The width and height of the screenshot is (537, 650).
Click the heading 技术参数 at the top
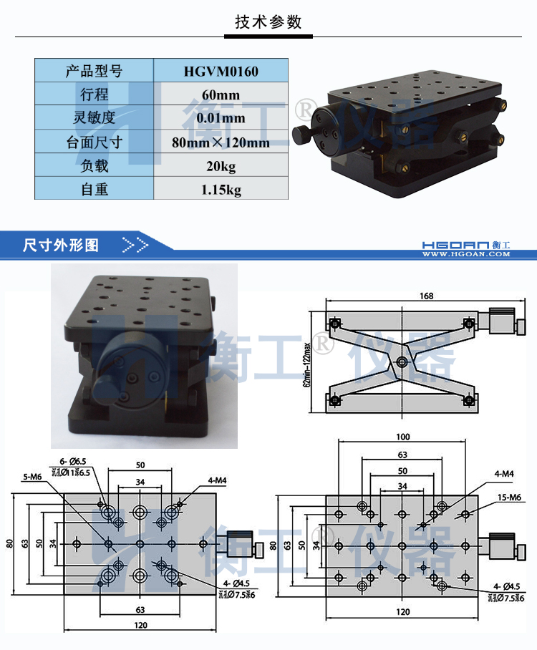268,21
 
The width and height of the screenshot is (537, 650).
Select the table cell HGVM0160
221,71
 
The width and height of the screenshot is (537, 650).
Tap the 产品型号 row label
94,71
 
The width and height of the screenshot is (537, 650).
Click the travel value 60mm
221,94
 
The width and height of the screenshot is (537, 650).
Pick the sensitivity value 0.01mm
221,118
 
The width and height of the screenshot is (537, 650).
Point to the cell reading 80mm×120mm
221,142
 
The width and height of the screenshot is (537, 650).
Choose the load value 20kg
221,165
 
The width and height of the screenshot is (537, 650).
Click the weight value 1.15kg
221,189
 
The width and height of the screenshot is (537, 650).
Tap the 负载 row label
94,165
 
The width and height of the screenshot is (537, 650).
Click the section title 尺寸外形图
61,245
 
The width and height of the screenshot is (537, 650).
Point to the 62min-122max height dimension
307,362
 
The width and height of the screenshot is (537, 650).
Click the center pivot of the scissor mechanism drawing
402,362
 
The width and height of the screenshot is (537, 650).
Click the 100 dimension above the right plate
403,437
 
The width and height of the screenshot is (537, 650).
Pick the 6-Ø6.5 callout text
72,462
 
